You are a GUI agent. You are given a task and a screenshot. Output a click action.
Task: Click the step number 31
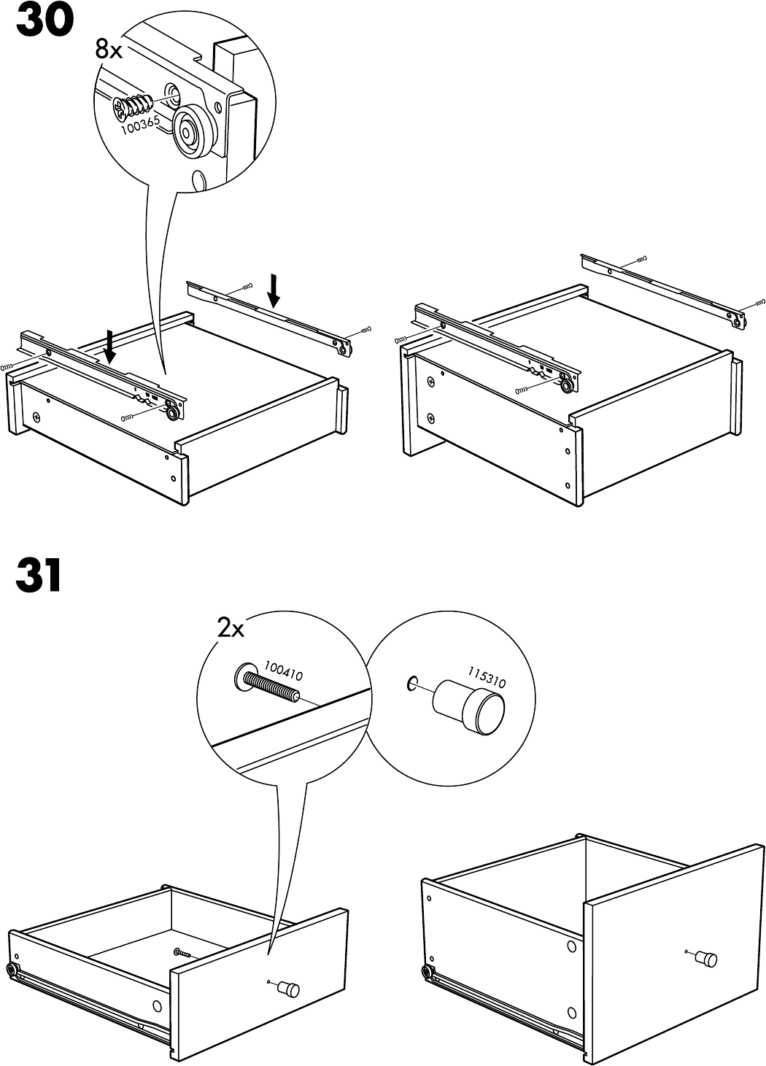point(39,576)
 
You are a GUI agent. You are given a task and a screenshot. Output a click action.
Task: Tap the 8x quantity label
point(111,49)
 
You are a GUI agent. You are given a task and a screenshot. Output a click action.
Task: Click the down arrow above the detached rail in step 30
point(274,290)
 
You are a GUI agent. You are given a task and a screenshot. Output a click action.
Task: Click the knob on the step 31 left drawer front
point(290,989)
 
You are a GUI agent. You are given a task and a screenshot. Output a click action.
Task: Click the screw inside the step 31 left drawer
point(181,953)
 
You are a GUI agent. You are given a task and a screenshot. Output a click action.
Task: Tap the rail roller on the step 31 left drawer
point(12,970)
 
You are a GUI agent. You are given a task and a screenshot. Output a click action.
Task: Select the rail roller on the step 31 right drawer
point(427,971)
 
